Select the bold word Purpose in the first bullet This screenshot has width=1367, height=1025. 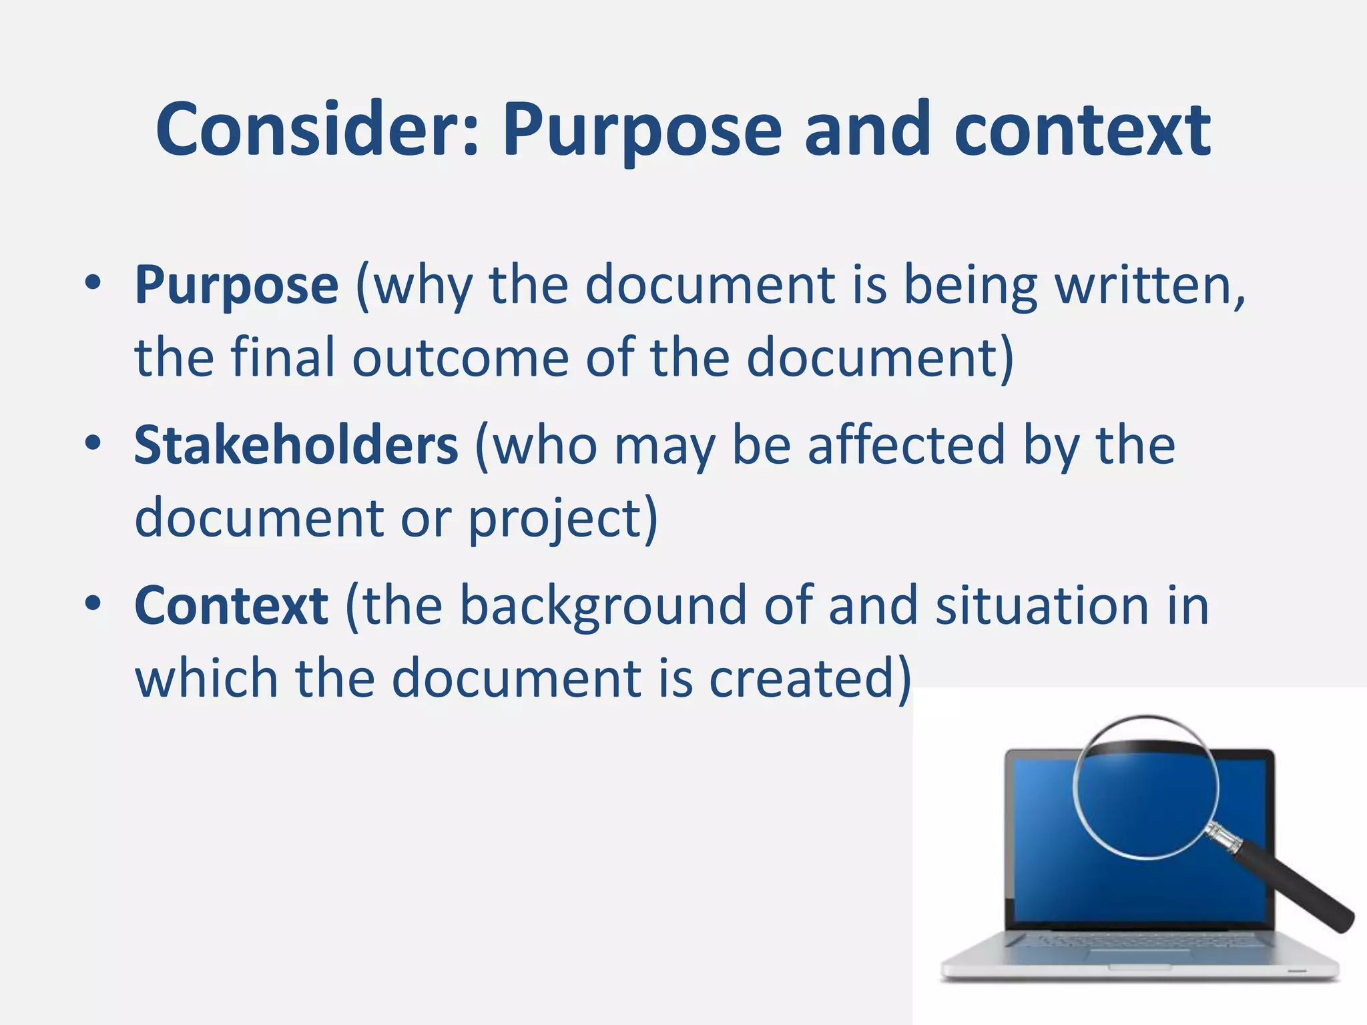coord(236,286)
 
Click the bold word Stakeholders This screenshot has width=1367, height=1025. coord(296,445)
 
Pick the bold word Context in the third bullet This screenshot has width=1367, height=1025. coord(231,605)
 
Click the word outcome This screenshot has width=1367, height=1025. coord(461,358)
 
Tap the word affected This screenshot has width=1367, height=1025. coord(906,445)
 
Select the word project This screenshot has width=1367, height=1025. coord(557,519)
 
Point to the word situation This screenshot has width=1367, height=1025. coord(1042,605)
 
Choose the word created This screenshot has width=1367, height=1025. coord(804,678)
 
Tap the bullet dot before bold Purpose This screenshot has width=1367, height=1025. coord(93,283)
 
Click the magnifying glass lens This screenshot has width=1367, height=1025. coord(1145,787)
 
